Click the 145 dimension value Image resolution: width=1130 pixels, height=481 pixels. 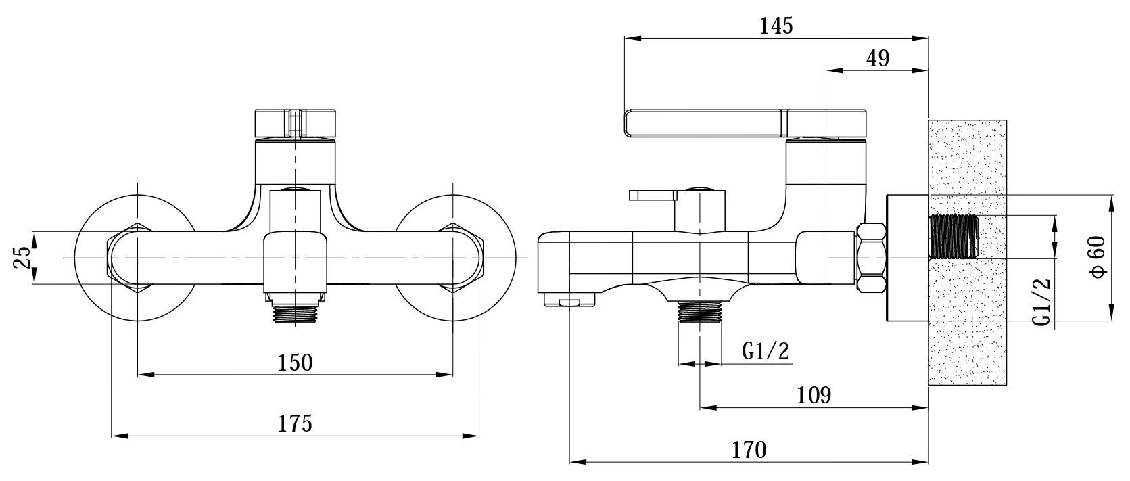[x=775, y=26]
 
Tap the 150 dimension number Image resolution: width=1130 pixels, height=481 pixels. [x=296, y=362]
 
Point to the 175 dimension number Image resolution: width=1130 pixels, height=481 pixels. [x=296, y=424]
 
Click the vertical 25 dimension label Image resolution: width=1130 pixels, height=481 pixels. [x=23, y=258]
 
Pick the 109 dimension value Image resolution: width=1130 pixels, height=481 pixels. [x=814, y=395]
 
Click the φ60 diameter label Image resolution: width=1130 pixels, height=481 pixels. [x=1097, y=256]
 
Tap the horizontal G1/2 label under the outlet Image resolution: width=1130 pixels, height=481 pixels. [x=765, y=351]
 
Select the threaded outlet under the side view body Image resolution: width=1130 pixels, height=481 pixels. [x=700, y=313]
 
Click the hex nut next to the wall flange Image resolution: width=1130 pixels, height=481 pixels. [x=872, y=258]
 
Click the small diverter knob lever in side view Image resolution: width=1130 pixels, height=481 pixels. [x=653, y=196]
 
